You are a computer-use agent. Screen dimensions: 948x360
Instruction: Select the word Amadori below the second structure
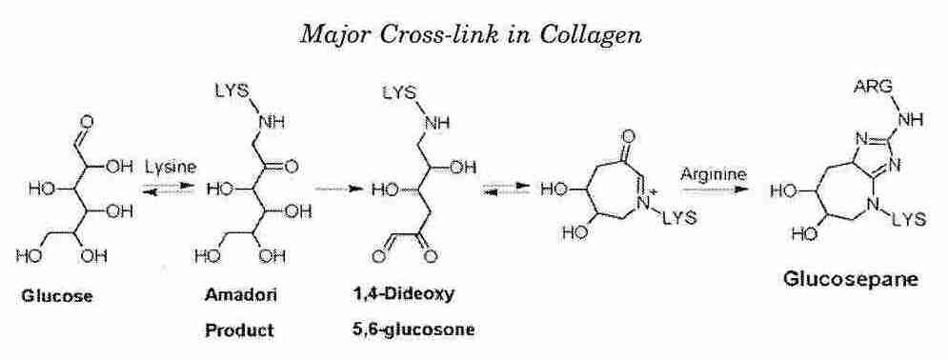(x=228, y=296)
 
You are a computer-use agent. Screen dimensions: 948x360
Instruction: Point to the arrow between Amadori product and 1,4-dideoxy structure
(x=328, y=190)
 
